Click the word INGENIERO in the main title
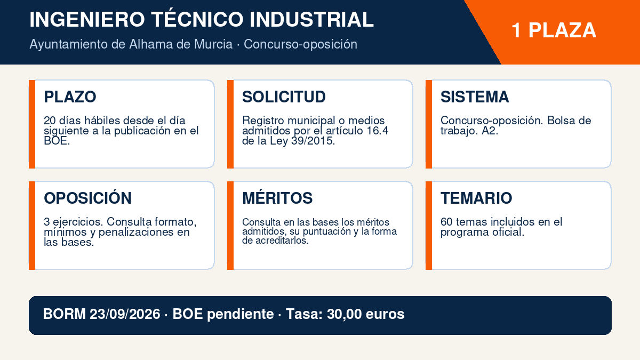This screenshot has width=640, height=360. point(87,19)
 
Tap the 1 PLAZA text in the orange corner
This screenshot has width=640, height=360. point(554,30)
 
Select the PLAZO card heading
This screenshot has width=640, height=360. point(70,97)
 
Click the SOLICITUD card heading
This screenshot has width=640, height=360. point(284,97)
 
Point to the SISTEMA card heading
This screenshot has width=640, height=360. point(475,97)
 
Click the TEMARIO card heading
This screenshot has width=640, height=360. point(476,198)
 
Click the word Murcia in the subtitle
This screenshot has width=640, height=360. point(213,44)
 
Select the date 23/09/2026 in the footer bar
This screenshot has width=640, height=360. point(125,314)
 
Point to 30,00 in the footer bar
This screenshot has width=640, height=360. point(344,314)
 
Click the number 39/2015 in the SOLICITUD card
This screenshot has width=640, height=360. point(313,141)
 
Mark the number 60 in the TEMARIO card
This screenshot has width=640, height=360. point(446,222)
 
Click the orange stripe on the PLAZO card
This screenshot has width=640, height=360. point(32,124)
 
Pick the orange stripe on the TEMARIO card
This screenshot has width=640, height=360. point(429,226)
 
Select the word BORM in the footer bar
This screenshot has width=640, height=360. point(65,314)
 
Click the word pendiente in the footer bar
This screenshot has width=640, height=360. point(241,315)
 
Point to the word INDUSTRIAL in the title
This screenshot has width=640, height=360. point(311,19)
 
